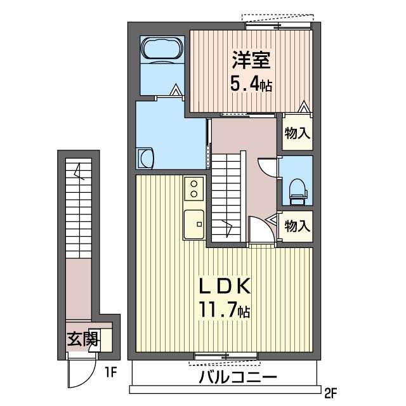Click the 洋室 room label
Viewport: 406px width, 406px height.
[x=251, y=60]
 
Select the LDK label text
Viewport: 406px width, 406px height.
[x=225, y=285]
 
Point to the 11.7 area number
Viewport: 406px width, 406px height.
[x=218, y=309]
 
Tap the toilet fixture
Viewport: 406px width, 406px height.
[x=298, y=192]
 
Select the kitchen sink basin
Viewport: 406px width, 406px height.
[x=193, y=224]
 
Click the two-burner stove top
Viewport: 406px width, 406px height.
[x=193, y=188]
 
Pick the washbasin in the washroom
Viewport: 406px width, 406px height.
[x=145, y=159]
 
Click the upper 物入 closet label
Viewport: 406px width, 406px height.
[x=298, y=134]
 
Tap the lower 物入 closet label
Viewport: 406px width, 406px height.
[x=298, y=226]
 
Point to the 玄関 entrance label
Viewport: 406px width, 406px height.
[x=83, y=339]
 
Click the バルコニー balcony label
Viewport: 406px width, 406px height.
[x=238, y=377]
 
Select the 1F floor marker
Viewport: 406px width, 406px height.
[x=111, y=372]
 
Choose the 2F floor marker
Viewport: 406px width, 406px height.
[x=331, y=393]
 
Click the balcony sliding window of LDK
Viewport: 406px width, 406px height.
[x=226, y=357]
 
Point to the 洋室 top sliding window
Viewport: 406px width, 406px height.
[x=278, y=25]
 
